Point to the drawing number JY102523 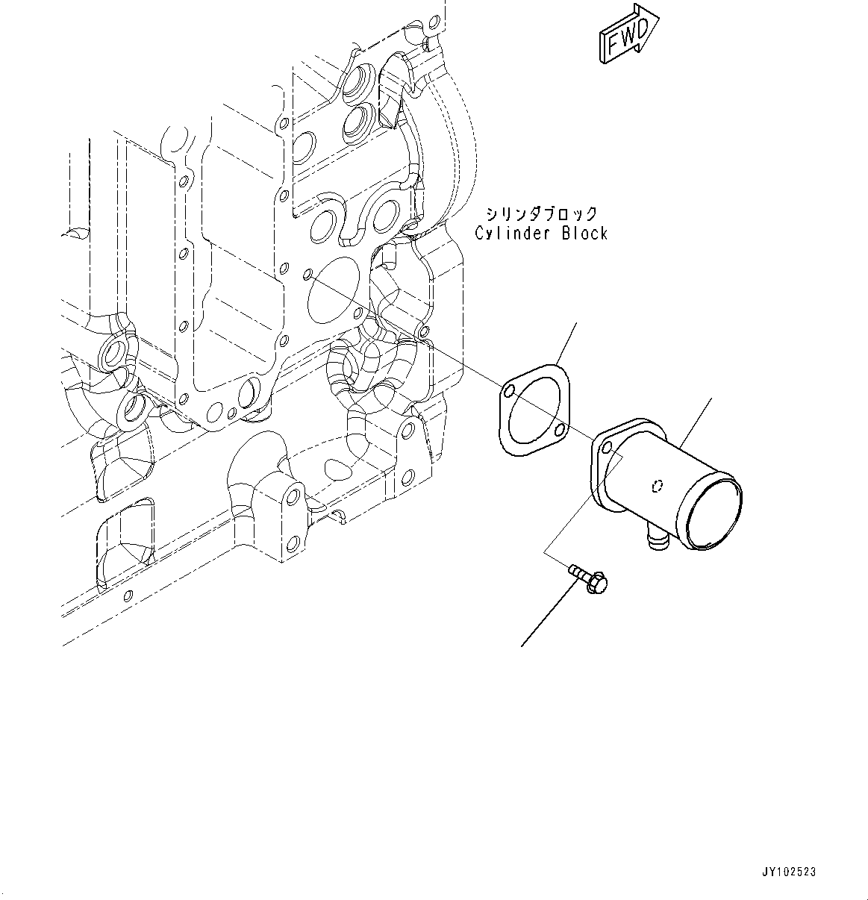(x=789, y=872)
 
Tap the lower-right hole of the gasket (x=559, y=430)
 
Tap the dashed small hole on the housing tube (x=656, y=487)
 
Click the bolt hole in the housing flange (x=606, y=446)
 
